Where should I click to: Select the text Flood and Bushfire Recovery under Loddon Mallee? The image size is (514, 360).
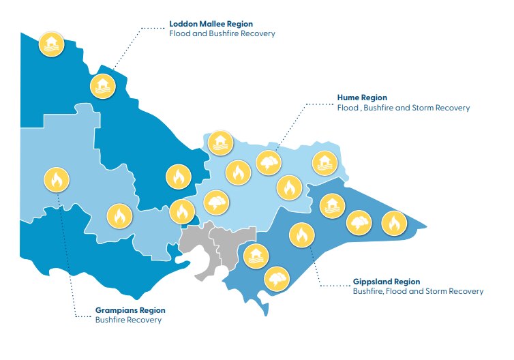(x=222, y=33)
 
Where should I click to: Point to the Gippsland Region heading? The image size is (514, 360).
(x=387, y=281)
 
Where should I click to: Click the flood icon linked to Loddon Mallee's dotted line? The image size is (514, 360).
(x=103, y=86)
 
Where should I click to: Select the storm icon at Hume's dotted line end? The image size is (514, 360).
(x=270, y=162)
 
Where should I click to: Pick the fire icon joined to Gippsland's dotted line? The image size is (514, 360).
(x=300, y=236)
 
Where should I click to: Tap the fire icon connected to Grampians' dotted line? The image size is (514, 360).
(x=57, y=181)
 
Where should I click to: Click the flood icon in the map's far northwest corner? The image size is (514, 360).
(x=51, y=44)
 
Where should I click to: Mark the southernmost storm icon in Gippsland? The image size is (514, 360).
(x=277, y=279)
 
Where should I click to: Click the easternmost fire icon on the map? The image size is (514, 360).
(x=393, y=223)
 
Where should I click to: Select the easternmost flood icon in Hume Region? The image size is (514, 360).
(x=324, y=162)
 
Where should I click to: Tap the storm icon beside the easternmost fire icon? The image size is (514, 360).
(x=360, y=223)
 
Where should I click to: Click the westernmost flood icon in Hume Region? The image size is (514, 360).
(x=220, y=143)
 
